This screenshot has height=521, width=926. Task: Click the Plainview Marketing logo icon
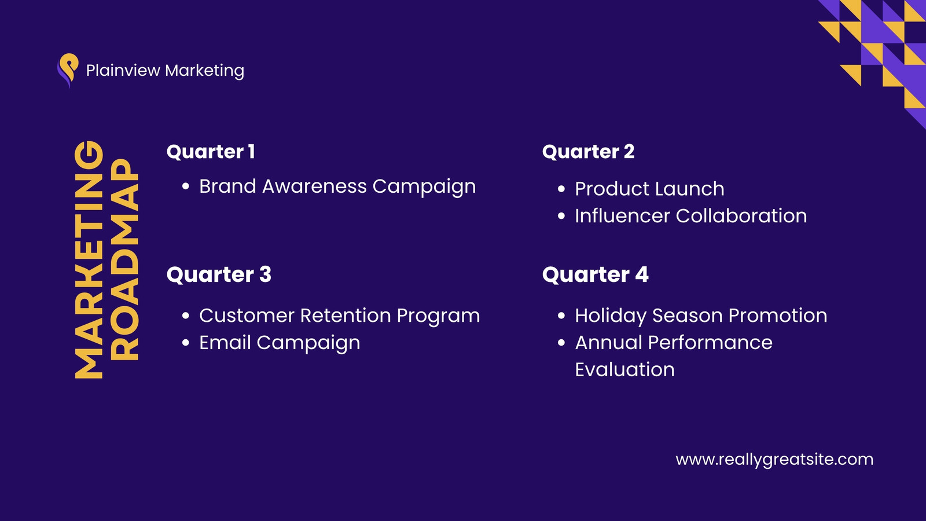(68, 70)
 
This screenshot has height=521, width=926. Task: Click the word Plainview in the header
(123, 70)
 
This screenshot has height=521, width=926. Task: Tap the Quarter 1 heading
(211, 152)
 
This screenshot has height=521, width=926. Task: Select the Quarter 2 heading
(588, 152)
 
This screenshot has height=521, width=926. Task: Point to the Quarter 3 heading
(219, 274)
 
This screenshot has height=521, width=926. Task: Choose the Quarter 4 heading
(596, 274)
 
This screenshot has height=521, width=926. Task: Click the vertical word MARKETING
(89, 260)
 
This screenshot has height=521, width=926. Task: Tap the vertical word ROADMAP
(124, 260)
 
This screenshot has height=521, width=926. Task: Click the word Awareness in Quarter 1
(314, 186)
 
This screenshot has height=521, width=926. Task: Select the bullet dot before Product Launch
(561, 189)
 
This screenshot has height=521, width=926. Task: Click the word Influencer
(622, 216)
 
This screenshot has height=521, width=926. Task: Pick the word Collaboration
(741, 216)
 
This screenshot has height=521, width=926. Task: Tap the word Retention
(345, 315)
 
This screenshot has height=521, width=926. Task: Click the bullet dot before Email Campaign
(185, 342)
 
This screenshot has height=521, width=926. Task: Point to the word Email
(225, 342)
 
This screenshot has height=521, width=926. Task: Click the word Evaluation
(624, 369)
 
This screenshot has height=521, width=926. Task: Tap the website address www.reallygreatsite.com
(774, 460)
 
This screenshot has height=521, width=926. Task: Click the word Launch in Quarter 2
(690, 189)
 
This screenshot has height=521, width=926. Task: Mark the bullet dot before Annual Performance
(561, 342)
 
